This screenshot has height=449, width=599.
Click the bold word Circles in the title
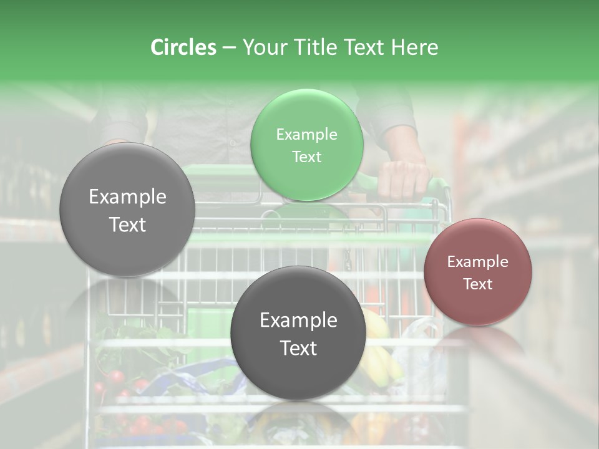[183, 47]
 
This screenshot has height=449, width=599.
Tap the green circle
[306, 145]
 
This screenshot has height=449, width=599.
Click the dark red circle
[478, 271]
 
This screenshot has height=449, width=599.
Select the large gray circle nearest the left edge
[127, 210]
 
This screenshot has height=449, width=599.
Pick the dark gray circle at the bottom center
[298, 333]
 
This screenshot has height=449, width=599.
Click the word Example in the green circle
[306, 135]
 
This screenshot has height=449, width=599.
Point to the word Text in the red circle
[478, 284]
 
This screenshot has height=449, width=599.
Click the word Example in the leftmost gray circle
[127, 197]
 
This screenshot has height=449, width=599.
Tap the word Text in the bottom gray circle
[298, 348]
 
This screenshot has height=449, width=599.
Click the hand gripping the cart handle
[403, 178]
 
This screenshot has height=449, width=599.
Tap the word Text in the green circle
[306, 157]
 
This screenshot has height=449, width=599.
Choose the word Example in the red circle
[478, 262]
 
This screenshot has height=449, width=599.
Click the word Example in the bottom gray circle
[298, 321]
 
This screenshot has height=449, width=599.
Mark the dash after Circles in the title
[229, 47]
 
